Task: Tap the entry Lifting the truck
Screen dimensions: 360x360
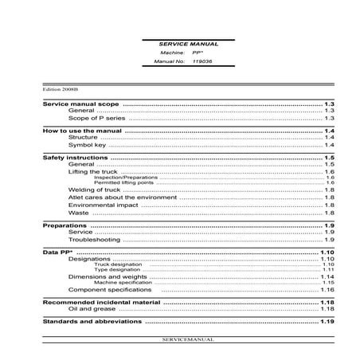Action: point(93,171)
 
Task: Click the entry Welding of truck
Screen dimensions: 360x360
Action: point(93,191)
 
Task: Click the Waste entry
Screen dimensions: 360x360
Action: point(79,213)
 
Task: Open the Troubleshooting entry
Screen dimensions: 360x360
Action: point(94,239)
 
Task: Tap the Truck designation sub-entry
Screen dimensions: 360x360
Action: point(111,264)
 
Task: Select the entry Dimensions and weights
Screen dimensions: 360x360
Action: point(105,276)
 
